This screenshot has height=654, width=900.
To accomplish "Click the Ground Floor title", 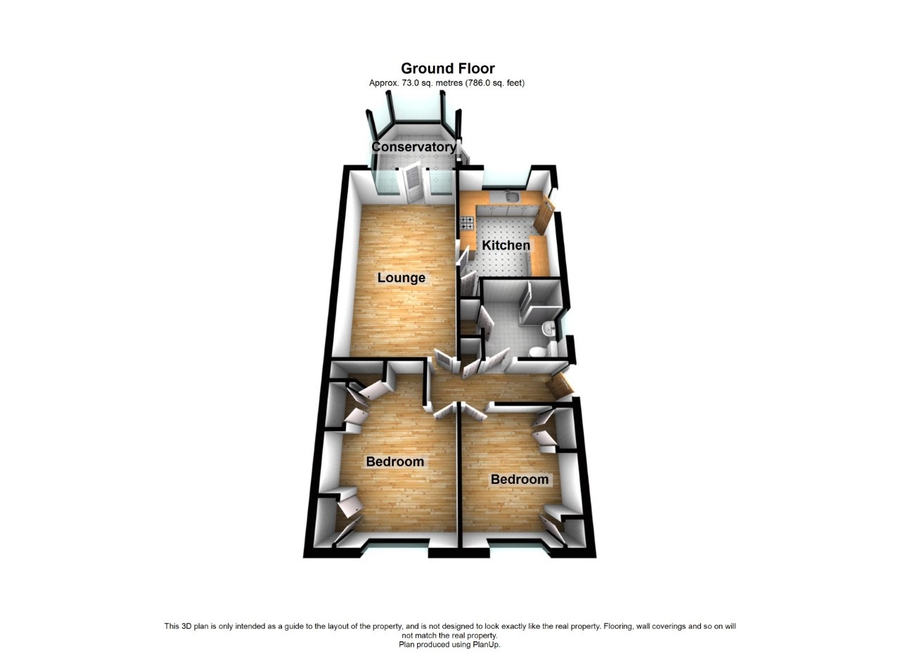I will click(x=448, y=68).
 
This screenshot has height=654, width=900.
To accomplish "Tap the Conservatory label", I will click(x=413, y=147).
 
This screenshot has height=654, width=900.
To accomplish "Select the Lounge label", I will click(x=401, y=278).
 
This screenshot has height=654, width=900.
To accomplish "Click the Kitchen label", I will click(x=506, y=245).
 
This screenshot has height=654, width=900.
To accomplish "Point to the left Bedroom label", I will click(x=395, y=462).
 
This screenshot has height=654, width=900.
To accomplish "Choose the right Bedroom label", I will click(x=520, y=480).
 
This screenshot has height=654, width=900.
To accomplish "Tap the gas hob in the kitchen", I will click(x=468, y=224).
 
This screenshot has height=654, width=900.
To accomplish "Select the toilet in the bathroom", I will click(x=539, y=352).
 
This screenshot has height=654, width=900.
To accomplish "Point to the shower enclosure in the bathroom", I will click(x=539, y=302).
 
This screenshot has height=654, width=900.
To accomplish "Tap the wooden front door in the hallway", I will click(x=560, y=385).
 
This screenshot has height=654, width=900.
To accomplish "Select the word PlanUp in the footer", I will click(x=484, y=644).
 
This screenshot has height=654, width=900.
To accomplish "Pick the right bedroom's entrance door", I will click(x=474, y=411).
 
